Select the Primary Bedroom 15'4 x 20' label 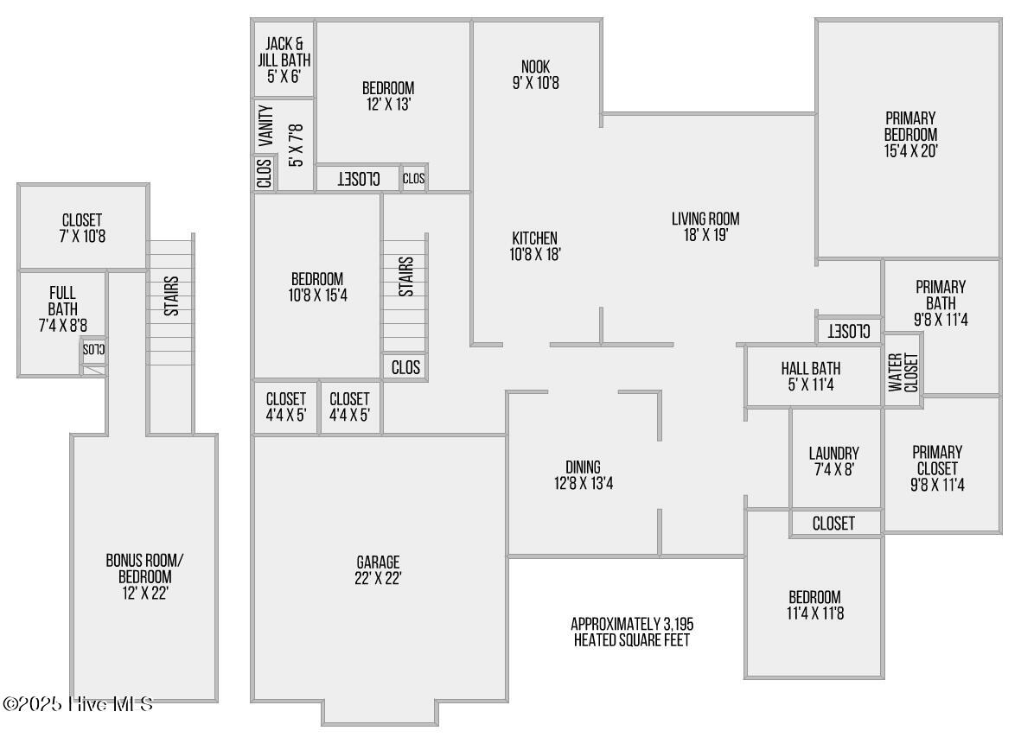[910, 134]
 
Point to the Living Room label [705, 226]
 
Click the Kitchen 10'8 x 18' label [534, 245]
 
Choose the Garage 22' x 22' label [378, 570]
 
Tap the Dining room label [583, 475]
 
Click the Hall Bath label [810, 378]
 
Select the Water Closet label [903, 372]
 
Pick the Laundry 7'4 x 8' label [833, 461]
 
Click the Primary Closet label [937, 468]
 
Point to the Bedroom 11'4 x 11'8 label [814, 605]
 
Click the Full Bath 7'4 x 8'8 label [62, 309]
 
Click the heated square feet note [632, 632]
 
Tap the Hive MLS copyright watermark [78, 704]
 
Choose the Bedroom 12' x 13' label [387, 96]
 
